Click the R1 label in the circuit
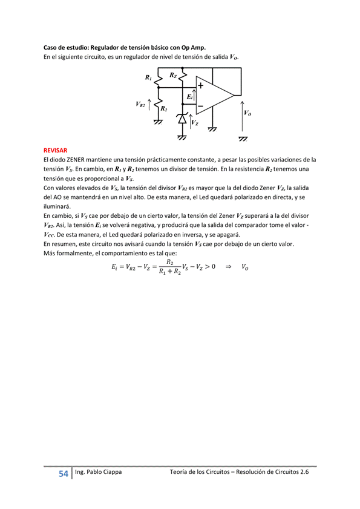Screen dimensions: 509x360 click(148, 77)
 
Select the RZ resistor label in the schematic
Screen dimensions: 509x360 click(173, 75)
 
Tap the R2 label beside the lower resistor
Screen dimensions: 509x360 click(164, 108)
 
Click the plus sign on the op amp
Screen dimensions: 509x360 click(200, 86)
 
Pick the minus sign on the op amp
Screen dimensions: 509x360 click(200, 105)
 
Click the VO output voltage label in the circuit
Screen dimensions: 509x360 click(247, 113)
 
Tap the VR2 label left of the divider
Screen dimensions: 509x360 click(140, 104)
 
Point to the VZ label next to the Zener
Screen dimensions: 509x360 click(194, 123)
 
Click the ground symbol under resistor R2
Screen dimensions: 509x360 click(158, 122)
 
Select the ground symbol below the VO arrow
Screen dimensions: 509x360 click(243, 139)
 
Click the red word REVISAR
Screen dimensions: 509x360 click(55, 149)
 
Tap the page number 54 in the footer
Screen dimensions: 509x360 click(64, 474)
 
